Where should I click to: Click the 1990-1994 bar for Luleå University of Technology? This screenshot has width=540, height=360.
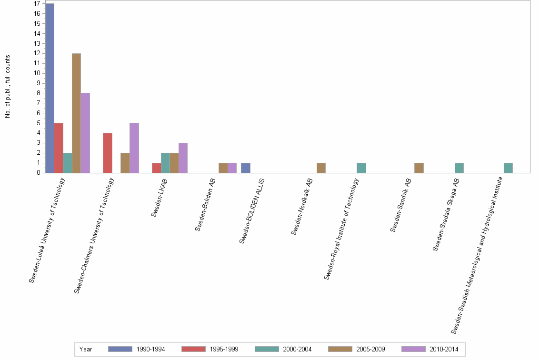pos(50,88)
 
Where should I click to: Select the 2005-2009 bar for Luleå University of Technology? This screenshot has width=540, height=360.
pos(76,113)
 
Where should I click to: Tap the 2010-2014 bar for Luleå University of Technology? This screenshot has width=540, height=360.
pos(85,133)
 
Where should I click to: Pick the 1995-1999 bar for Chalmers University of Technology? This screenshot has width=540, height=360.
pos(108,153)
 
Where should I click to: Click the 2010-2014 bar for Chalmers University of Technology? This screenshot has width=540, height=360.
pos(134,148)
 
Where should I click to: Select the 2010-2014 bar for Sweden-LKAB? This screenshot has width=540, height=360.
pos(183,158)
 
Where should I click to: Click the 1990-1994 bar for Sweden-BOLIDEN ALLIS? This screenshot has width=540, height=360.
pos(246,168)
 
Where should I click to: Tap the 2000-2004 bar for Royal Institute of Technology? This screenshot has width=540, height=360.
pos(361,168)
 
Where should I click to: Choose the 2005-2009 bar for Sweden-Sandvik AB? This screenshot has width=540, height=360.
pos(419,168)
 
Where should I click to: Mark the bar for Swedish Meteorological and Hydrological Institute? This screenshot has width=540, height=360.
pos(508,168)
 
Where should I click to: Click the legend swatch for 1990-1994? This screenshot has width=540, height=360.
pos(120,350)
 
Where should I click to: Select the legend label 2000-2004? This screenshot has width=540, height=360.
pos(298,350)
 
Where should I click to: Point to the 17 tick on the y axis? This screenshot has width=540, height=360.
pos(37,4)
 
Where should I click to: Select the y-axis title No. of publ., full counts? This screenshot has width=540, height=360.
pos(8,87)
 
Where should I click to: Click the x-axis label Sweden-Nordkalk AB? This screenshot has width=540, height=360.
pos(301,206)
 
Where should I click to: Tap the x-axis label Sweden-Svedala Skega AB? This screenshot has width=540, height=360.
pos(446,214)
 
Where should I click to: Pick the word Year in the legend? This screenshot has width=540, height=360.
pos(86,350)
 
